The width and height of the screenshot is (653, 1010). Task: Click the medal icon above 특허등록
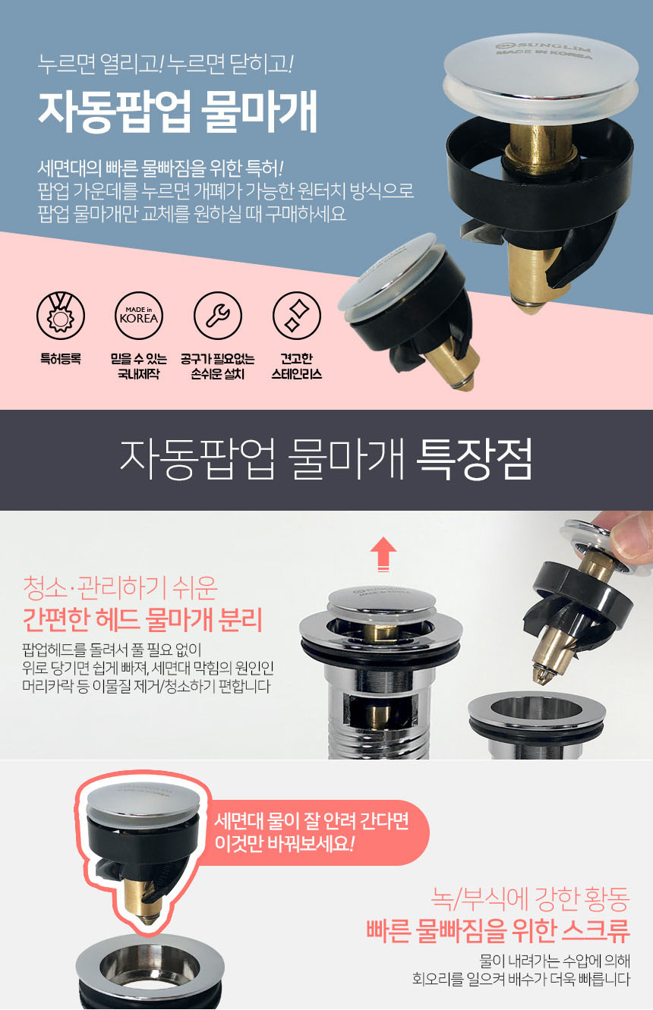[61, 316]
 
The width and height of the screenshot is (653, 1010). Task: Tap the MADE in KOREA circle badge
[139, 316]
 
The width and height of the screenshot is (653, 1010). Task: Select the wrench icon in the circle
[218, 316]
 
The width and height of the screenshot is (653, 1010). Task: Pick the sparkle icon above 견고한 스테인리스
[297, 316]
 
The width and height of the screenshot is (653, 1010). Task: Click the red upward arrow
[383, 554]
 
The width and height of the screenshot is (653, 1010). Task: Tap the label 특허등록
[61, 359]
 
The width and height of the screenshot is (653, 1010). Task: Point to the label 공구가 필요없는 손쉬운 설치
[217, 366]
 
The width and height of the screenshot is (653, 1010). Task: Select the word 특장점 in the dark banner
[474, 461]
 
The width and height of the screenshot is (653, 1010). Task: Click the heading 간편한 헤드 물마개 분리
[143, 620]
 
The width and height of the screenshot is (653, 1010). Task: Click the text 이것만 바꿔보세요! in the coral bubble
[284, 843]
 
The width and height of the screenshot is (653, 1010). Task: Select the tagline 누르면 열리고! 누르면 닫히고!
[166, 65]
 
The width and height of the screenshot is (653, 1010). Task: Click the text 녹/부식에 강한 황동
[530, 898]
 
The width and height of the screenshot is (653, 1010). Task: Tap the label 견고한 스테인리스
[296, 366]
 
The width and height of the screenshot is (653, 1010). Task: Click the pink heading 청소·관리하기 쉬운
[120, 588]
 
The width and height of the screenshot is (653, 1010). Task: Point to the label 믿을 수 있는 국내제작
[138, 366]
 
